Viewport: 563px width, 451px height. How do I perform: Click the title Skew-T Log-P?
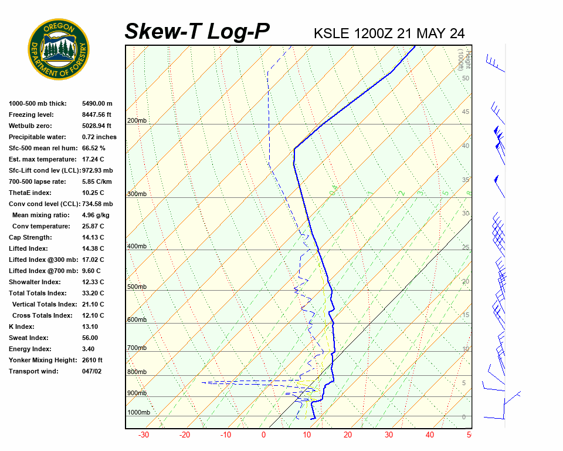click(x=197, y=32)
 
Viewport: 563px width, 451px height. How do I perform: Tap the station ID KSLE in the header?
click(x=332, y=33)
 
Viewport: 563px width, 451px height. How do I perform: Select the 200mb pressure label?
click(x=137, y=121)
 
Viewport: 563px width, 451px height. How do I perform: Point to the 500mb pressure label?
click(x=137, y=287)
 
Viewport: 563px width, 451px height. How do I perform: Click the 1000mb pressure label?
click(x=138, y=413)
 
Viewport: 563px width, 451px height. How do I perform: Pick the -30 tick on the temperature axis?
click(x=143, y=435)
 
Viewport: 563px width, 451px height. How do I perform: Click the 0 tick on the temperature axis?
click(x=263, y=435)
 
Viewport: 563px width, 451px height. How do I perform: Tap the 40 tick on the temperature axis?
click(x=430, y=435)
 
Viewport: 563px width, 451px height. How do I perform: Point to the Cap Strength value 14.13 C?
click(x=93, y=237)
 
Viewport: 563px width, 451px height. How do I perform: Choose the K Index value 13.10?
click(x=90, y=327)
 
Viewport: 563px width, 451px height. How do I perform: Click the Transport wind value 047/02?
click(x=91, y=371)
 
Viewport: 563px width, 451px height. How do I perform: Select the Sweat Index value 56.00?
click(x=90, y=338)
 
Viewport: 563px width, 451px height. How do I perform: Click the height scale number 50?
click(x=465, y=78)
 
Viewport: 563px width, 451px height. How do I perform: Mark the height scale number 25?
click(x=466, y=248)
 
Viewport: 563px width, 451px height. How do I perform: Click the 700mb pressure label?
click(x=137, y=348)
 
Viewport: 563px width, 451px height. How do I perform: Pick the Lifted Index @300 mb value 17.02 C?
click(x=93, y=260)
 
